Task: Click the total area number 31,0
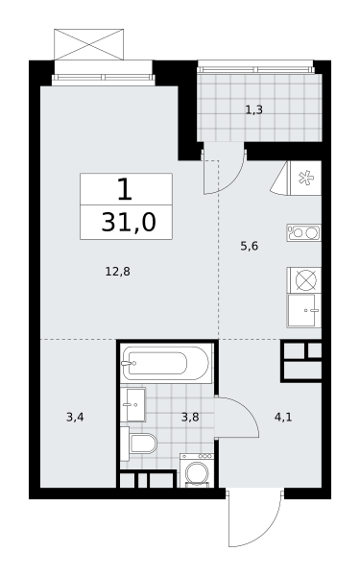click(x=129, y=223)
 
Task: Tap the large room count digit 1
click(x=125, y=189)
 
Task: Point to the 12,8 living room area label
click(x=117, y=272)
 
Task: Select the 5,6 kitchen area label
click(x=250, y=246)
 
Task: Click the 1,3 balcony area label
click(x=253, y=109)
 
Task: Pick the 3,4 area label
click(x=75, y=418)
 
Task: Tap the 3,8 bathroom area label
click(x=190, y=418)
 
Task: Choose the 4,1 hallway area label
click(x=283, y=418)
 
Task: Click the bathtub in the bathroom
click(x=167, y=364)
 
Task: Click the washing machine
click(x=197, y=470)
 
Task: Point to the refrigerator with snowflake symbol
click(x=305, y=179)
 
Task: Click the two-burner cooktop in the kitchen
click(x=304, y=232)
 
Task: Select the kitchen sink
click(x=304, y=310)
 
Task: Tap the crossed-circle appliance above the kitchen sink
click(x=304, y=280)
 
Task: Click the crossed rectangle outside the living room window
click(x=88, y=44)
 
